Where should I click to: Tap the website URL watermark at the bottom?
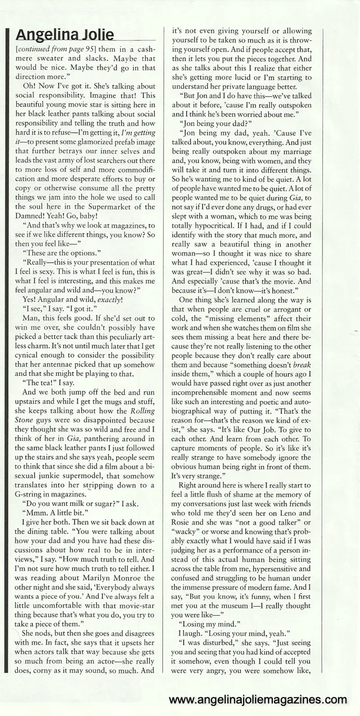[258, 700]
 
